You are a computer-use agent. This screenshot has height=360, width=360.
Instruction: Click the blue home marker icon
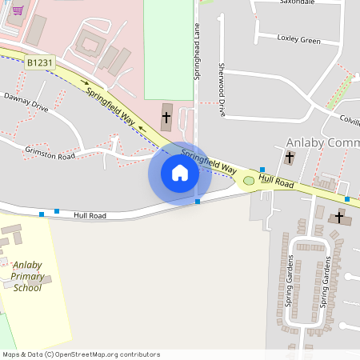(x=179, y=173)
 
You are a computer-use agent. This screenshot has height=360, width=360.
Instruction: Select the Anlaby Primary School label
(x=27, y=276)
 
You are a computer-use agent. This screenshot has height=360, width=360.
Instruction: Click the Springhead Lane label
(x=196, y=50)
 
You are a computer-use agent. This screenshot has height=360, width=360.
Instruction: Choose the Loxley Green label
(x=298, y=39)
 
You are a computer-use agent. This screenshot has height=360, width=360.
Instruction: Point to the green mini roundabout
(x=249, y=181)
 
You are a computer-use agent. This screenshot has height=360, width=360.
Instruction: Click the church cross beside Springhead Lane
(x=166, y=118)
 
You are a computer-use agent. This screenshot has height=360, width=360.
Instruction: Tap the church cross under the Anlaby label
(x=289, y=158)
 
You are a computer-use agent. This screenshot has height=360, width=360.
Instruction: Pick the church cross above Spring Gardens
(x=338, y=216)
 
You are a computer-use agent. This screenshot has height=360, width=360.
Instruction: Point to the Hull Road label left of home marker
(x=90, y=215)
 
